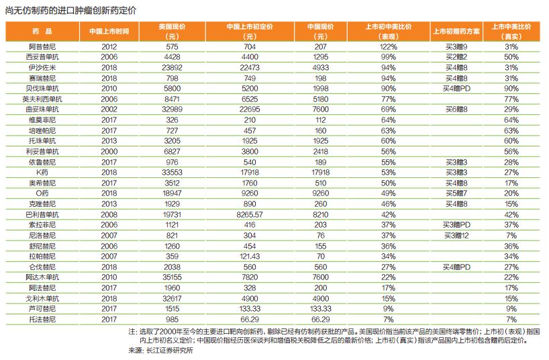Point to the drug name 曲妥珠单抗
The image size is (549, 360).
click(42, 109)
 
